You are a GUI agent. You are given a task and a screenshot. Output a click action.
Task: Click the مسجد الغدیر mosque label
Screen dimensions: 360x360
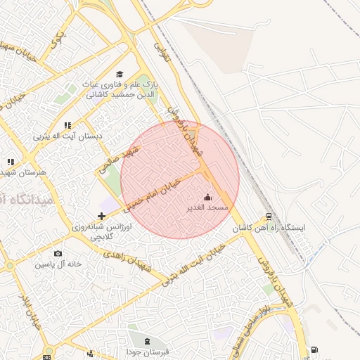pyautogui.click(x=207, y=208)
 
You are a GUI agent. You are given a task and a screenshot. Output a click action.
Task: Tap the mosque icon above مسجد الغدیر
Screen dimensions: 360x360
pyautogui.click(x=207, y=197)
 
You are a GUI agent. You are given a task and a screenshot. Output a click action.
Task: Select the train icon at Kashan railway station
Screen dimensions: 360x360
pyautogui.click(x=269, y=216)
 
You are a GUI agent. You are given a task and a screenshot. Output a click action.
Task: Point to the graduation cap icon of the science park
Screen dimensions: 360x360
pyautogui.click(x=120, y=74)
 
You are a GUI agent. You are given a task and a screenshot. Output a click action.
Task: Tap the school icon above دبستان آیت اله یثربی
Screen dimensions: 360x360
pyautogui.click(x=68, y=125)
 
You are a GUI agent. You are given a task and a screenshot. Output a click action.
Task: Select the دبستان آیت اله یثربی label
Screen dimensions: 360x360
pyautogui.click(x=68, y=136)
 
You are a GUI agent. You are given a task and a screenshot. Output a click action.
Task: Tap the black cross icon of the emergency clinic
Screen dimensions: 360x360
pyautogui.click(x=101, y=215)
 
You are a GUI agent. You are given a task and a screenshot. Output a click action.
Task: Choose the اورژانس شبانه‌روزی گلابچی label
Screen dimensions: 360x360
pyautogui.click(x=98, y=232)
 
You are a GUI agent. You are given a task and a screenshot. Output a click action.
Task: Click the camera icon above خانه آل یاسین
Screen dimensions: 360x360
pyautogui.click(x=58, y=253)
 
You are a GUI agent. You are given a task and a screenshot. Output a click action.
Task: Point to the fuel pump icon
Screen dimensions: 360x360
pyautogui.click(x=313, y=349)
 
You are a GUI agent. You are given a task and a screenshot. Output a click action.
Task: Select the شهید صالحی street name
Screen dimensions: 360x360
pyautogui.click(x=120, y=159)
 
